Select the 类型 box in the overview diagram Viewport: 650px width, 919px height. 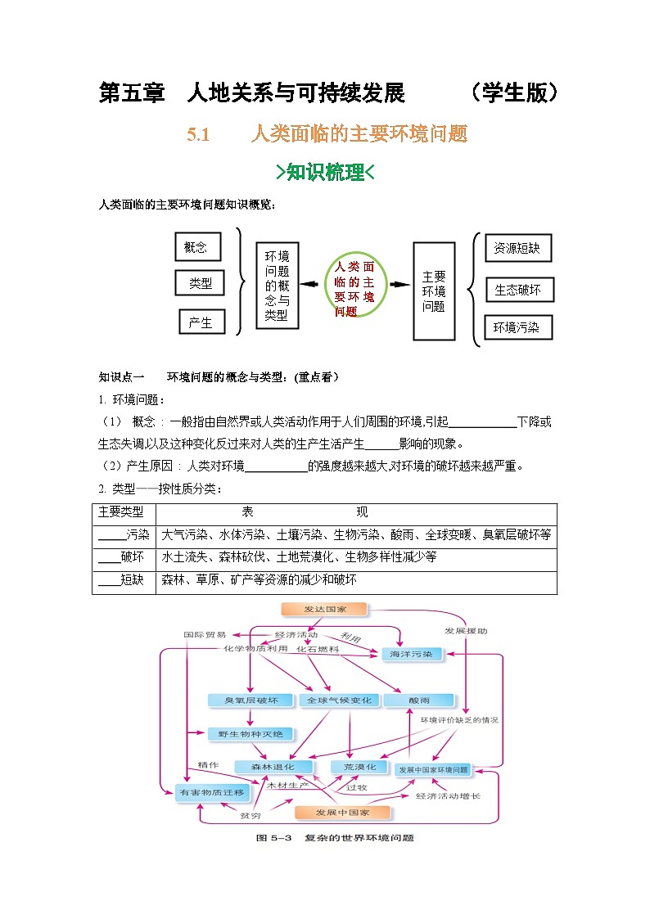200,283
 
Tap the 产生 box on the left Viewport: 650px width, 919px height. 201,322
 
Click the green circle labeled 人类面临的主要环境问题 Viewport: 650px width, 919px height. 354,285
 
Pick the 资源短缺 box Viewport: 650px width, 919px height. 517,248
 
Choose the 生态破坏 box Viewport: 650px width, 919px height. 517,289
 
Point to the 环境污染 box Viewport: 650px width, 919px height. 517,327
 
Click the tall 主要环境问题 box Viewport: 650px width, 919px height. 434,291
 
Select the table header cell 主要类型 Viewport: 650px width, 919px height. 122,512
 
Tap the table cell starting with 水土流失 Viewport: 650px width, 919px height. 356,557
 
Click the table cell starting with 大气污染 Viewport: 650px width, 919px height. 356,535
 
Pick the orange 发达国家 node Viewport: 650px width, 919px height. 325,610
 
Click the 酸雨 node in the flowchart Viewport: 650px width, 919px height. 418,701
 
